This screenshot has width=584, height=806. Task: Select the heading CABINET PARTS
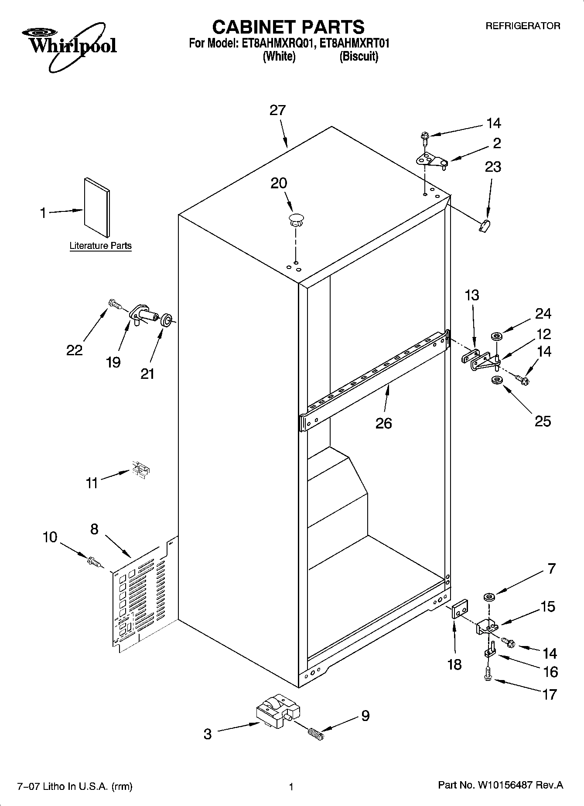click(x=288, y=27)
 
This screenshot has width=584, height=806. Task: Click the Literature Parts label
click(x=100, y=246)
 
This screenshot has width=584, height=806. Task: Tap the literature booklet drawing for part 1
click(x=97, y=207)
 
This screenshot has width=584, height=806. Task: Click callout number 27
click(x=277, y=110)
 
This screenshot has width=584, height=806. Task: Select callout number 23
click(x=493, y=167)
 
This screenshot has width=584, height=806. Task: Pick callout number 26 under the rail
click(x=384, y=423)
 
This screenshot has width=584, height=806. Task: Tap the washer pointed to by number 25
click(x=496, y=381)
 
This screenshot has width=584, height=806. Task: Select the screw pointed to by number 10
click(x=94, y=562)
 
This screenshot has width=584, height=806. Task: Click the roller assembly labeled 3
click(x=277, y=714)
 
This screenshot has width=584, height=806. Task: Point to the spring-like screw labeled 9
click(x=316, y=735)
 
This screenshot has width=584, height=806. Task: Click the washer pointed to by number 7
click(x=488, y=596)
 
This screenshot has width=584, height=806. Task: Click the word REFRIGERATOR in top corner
click(x=523, y=26)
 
